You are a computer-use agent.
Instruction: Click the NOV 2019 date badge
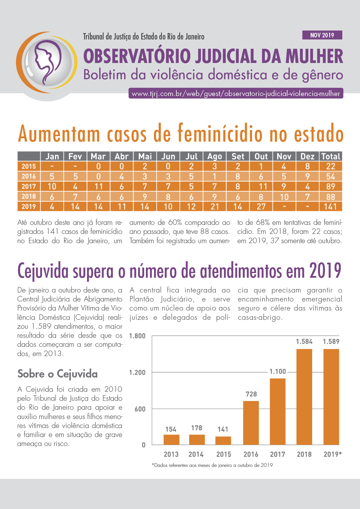coord(322,35)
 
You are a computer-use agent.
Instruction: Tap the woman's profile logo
coord(47,62)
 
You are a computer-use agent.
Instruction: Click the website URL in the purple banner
coord(236,94)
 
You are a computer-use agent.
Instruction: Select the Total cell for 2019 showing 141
coord(330,207)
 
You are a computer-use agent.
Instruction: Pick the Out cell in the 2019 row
coord(261,207)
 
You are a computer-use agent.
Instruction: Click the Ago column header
coord(214,156)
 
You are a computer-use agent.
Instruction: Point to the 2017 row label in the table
coord(29,186)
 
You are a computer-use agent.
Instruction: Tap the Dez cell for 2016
coord(307,176)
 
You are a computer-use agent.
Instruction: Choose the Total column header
coord(330,156)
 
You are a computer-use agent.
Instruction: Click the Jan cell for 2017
coord(52,186)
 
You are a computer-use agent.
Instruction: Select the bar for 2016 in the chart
coord(251,423)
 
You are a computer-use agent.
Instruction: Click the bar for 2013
coord(171,439)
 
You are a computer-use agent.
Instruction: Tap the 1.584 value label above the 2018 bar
coord(304,342)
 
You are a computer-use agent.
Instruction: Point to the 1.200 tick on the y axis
coord(137,372)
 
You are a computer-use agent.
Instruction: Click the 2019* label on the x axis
coord(332,454)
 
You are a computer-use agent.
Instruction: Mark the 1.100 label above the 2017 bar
coord(278,371)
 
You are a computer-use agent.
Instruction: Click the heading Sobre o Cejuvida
coord(57,374)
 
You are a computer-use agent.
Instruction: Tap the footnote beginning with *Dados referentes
coord(212,465)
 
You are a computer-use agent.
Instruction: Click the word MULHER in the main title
coord(314,56)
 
